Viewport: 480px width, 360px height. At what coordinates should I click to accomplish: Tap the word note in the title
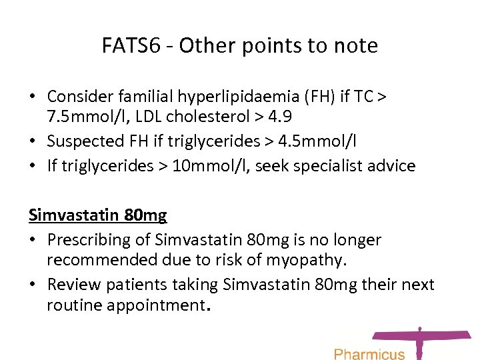coord(354,45)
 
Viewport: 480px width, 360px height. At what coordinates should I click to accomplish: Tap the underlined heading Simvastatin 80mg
coord(97,215)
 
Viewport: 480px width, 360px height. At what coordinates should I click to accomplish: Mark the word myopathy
coord(310,259)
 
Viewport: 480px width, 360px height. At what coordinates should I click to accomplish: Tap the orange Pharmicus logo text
coord(369,353)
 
